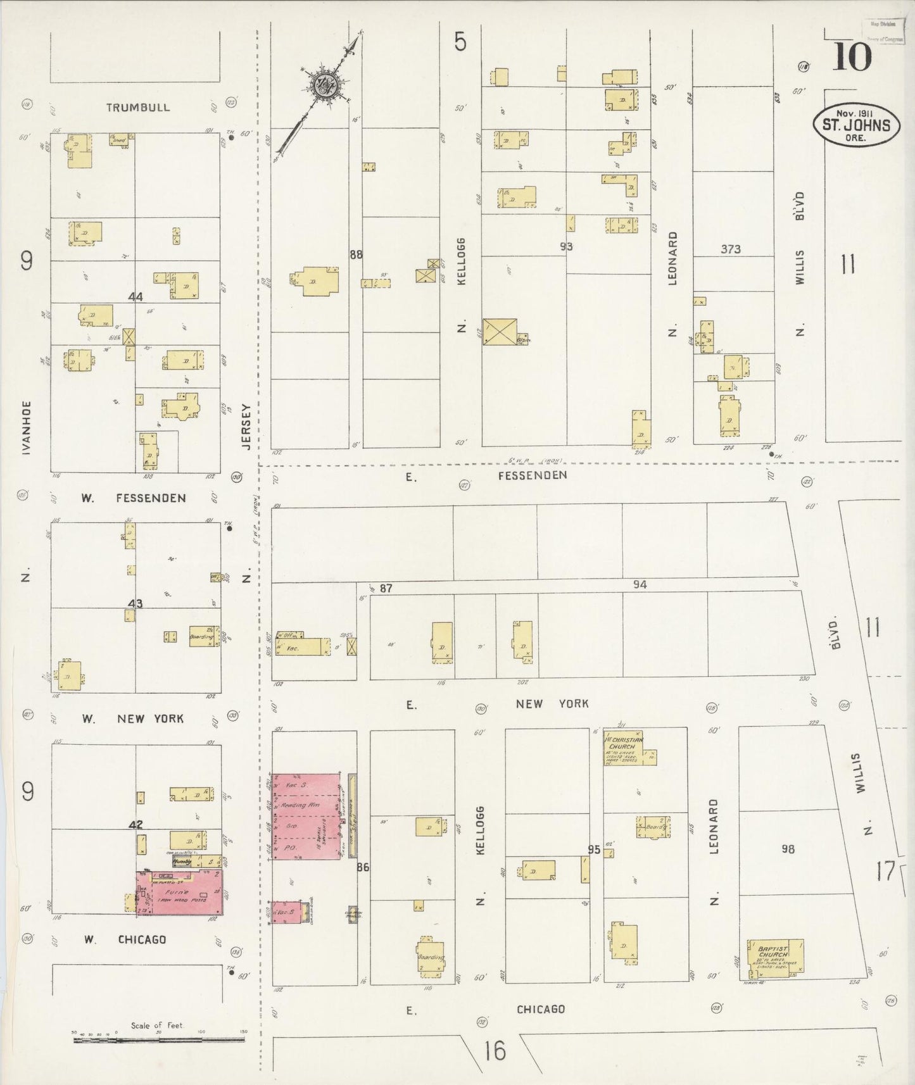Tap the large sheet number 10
click(x=852, y=57)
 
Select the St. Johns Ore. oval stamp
click(x=856, y=125)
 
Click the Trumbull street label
click(x=137, y=108)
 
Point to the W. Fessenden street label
click(x=134, y=498)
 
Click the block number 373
click(x=730, y=249)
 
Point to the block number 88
click(x=356, y=254)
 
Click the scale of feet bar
click(x=158, y=1039)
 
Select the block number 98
click(x=788, y=849)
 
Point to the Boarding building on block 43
click(x=203, y=637)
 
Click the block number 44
click(x=135, y=296)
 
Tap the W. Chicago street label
click(x=125, y=939)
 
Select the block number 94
click(x=640, y=584)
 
